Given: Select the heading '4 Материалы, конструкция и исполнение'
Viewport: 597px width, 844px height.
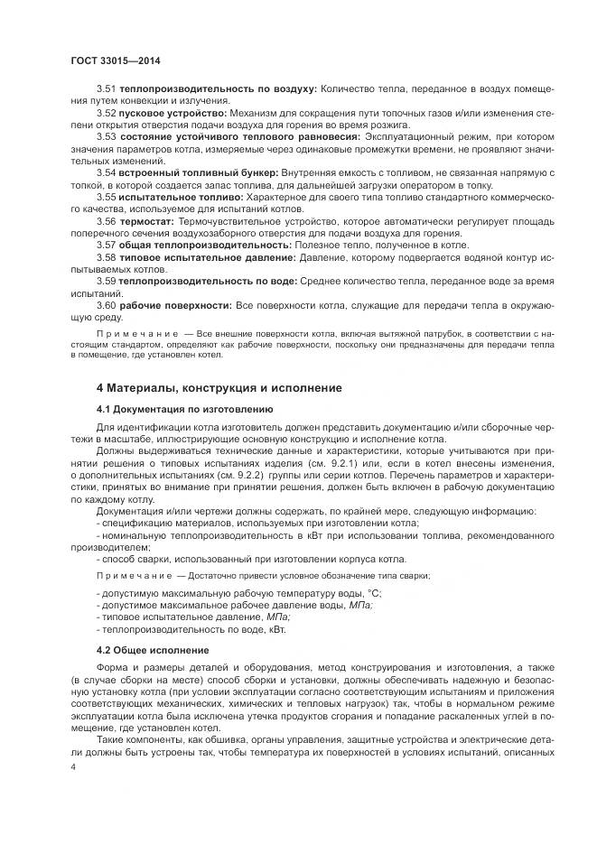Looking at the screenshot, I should click(219, 388).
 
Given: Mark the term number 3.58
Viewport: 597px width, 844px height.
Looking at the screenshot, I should click(105, 257).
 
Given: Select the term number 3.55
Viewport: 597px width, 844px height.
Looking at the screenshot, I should click(105, 195).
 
